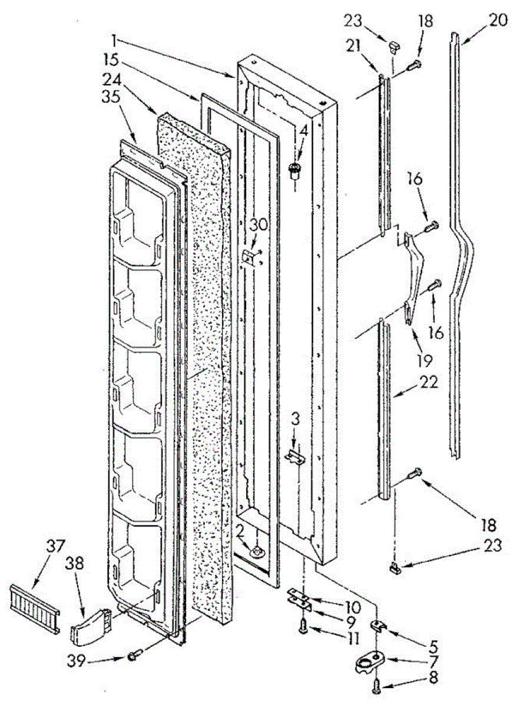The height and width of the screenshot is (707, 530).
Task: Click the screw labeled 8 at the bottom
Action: (376, 685)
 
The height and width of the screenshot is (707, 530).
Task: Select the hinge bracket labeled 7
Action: (368, 661)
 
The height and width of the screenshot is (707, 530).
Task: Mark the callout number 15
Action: (110, 60)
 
